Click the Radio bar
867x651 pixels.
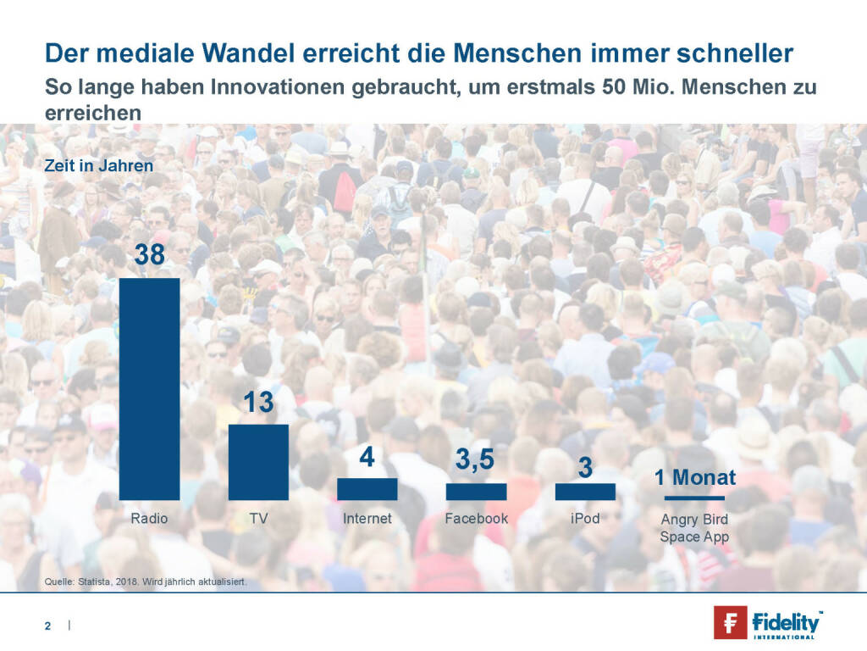click(x=149, y=389)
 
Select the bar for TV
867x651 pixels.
click(x=258, y=462)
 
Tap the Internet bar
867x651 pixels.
click(x=367, y=489)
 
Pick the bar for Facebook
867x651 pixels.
click(x=476, y=492)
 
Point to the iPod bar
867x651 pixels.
click(x=585, y=492)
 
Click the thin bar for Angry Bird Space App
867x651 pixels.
click(x=693, y=498)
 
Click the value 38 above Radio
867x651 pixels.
click(x=150, y=256)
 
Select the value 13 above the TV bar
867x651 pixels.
click(x=258, y=402)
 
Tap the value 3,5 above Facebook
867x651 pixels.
click(x=476, y=462)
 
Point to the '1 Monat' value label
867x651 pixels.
click(x=694, y=477)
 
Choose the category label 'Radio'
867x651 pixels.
click(x=149, y=518)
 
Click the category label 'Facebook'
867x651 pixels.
click(x=476, y=518)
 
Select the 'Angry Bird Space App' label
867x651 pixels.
click(x=693, y=527)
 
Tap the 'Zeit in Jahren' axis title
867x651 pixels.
click(x=99, y=166)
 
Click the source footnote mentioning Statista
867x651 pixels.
click(x=144, y=582)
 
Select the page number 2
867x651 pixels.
click(x=48, y=626)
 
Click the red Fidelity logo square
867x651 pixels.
click(x=730, y=623)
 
